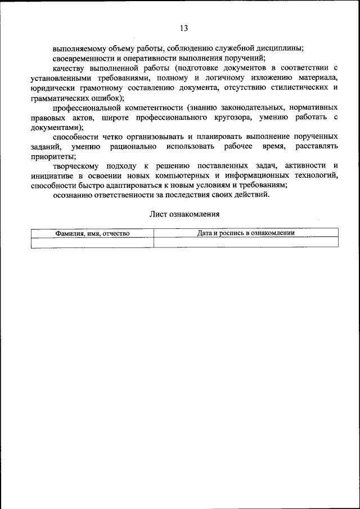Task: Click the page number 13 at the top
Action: pyautogui.click(x=184, y=28)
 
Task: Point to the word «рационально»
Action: pyautogui.click(x=133, y=147)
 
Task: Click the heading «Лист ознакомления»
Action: pyautogui.click(x=184, y=214)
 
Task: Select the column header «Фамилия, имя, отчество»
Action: pyautogui.click(x=92, y=233)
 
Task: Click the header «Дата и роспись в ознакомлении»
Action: pyautogui.click(x=246, y=232)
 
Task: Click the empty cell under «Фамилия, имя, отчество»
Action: pyautogui.click(x=92, y=242)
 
